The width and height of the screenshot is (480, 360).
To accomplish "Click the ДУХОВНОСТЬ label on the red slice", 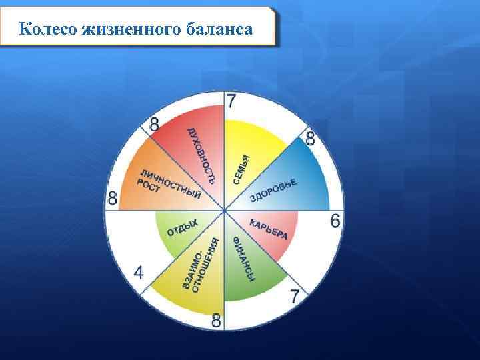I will pos(201,154).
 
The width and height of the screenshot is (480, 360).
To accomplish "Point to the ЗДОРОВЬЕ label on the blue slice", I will pos(273,191).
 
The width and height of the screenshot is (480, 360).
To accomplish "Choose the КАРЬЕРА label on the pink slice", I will pos(269,229).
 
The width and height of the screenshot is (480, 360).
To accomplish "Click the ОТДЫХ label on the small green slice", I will pos(182,227).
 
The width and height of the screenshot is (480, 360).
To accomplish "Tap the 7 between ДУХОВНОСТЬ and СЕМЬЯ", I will pos(231,102).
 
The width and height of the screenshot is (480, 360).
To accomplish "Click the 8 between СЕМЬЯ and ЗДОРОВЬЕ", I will pos(310,139).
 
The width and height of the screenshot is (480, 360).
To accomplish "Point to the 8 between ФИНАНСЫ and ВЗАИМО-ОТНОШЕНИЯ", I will pos(217,321).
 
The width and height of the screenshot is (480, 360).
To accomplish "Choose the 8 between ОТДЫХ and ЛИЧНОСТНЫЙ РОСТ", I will pos(113,198).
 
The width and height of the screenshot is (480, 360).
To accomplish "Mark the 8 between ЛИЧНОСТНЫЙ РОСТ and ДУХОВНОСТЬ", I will pos(154,124).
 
